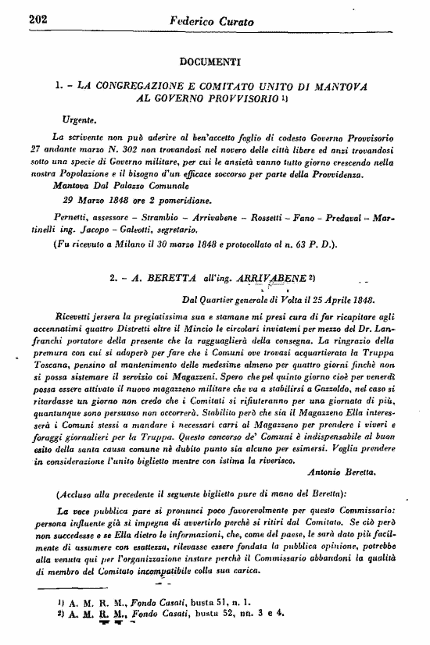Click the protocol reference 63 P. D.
tap(295, 247)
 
